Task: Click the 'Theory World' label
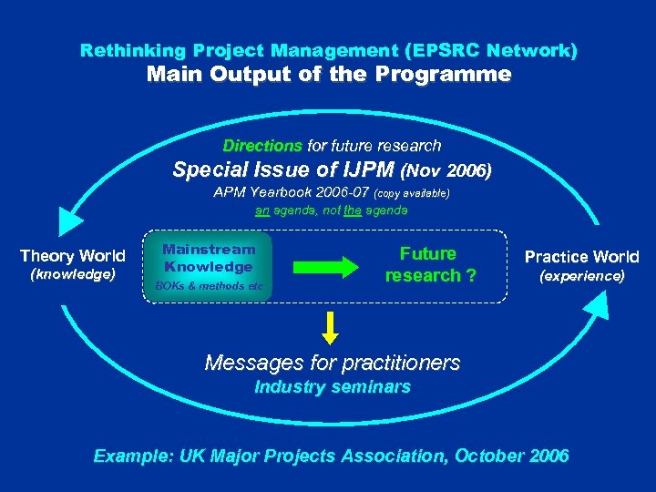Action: click(73, 256)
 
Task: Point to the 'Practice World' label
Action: click(581, 257)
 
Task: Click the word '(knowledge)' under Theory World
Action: click(73, 273)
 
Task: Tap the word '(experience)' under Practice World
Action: click(581, 274)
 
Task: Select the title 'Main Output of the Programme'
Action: click(329, 75)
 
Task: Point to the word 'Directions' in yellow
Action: click(262, 146)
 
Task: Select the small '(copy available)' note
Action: click(412, 193)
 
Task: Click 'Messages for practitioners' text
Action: click(332, 363)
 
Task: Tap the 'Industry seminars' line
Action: click(332, 387)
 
